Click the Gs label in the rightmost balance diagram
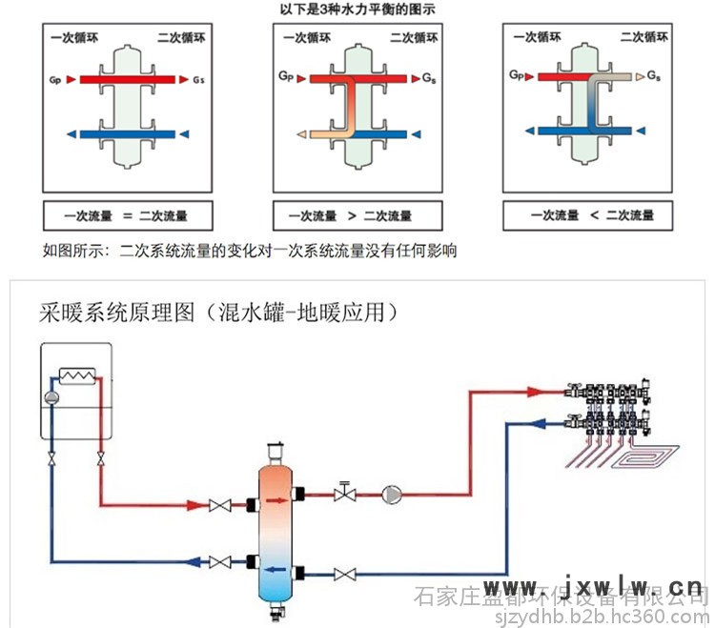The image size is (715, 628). [x=653, y=74]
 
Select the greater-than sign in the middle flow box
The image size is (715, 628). [x=353, y=215]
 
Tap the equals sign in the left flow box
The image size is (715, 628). [x=127, y=215]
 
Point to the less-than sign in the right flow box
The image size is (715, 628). [x=593, y=215]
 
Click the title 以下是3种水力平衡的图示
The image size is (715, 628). [x=357, y=9]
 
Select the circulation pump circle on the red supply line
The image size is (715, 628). [x=391, y=494]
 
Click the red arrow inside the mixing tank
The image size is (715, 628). [x=276, y=496]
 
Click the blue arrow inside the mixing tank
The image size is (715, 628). [x=276, y=570]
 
